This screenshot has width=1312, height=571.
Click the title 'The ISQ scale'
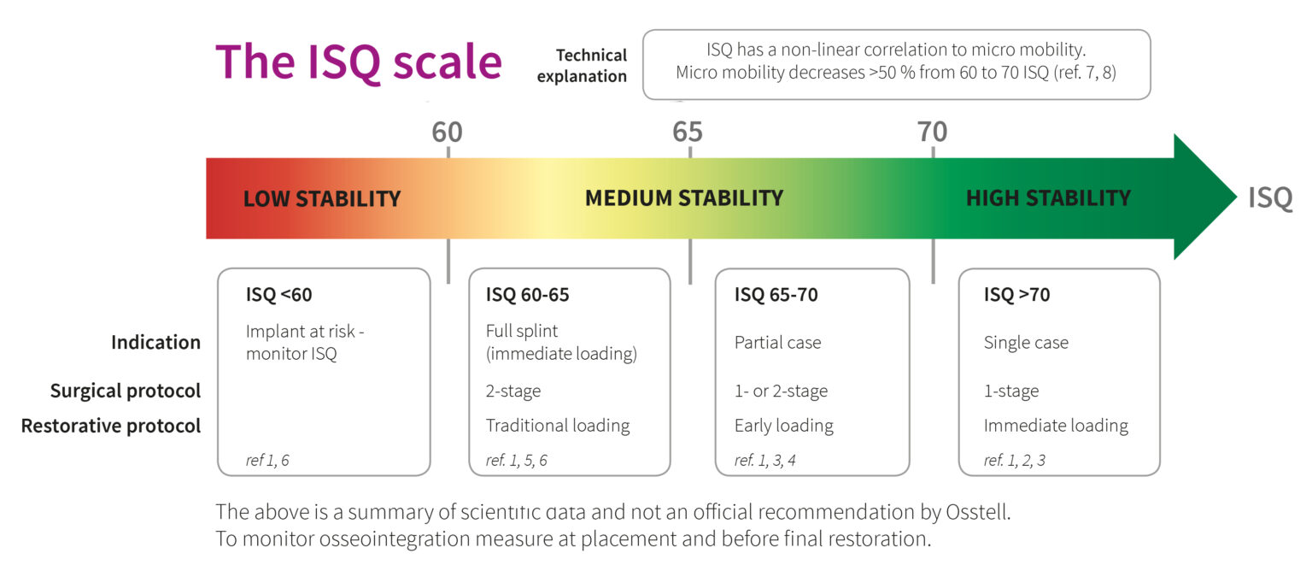coord(358,62)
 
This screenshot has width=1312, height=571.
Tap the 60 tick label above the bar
coord(447,132)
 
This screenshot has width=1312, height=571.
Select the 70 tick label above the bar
coord(932,132)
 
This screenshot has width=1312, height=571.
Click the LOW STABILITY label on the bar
coord(322,199)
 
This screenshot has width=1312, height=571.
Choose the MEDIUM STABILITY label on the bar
coord(683,198)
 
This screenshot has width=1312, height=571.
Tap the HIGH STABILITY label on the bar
coord(1048,198)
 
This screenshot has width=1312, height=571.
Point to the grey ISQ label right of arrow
coord(1270,198)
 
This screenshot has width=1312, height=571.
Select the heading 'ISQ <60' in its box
coord(279,296)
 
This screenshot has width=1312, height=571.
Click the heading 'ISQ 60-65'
coord(527,296)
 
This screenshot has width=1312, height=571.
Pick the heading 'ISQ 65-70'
coord(776,296)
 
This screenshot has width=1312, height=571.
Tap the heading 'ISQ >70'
coord(1016,296)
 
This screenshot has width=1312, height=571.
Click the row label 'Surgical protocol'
coord(125,391)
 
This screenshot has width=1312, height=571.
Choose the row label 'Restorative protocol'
coord(111,426)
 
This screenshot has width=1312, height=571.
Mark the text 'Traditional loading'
coord(558,426)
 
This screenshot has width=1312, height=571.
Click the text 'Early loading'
coord(783,426)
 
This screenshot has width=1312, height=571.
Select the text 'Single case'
coord(1026,343)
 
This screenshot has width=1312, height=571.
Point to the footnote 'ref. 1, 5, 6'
coord(516,461)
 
